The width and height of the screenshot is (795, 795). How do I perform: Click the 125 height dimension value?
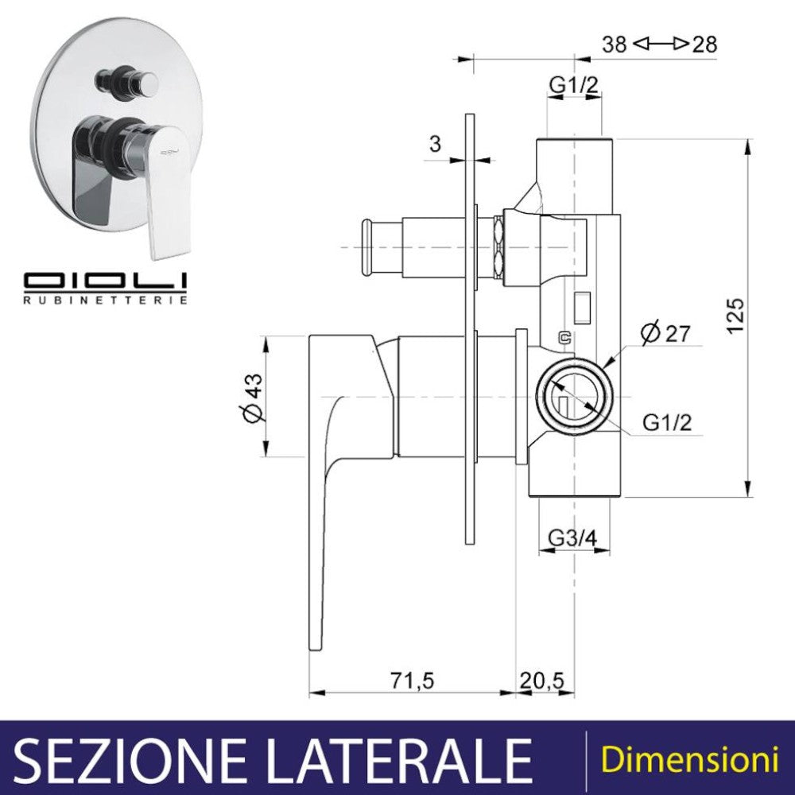click(x=735, y=316)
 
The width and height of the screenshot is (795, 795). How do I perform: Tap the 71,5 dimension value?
click(x=413, y=681)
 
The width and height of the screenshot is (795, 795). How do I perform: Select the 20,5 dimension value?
click(x=541, y=681)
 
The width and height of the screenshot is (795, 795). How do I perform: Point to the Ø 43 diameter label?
click(x=254, y=397)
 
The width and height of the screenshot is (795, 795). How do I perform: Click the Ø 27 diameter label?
click(x=665, y=333)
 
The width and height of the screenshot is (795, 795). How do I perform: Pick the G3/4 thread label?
click(x=573, y=537)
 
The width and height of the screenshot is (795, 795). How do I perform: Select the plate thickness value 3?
click(x=435, y=144)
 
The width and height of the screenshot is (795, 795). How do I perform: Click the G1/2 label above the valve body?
click(x=574, y=85)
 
